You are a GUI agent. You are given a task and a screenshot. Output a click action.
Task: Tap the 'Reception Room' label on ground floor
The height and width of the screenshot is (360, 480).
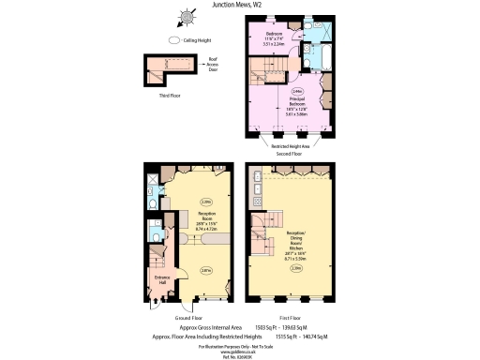coord(206,220)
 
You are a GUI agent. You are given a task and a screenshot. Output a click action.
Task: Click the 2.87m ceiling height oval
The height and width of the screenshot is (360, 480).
coord(205,272)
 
